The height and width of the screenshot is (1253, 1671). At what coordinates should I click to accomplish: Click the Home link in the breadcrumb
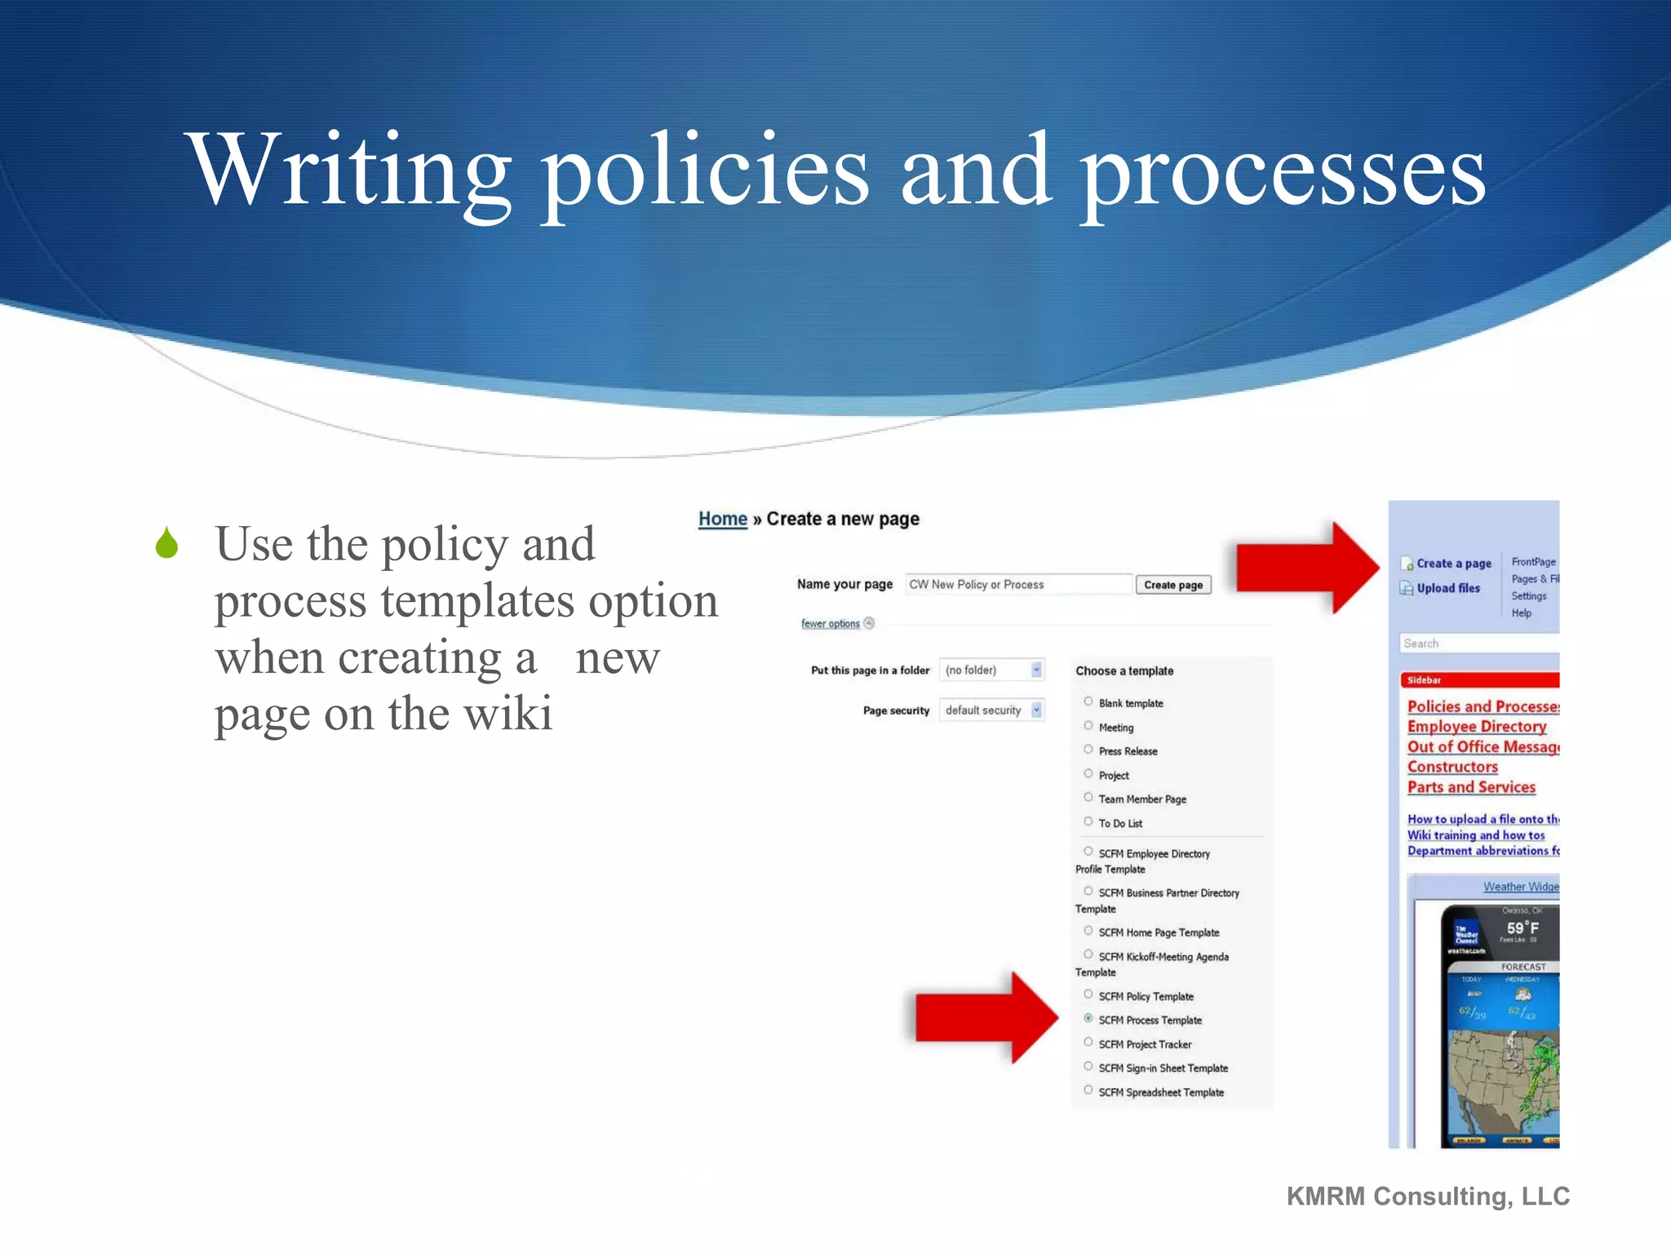pos(722,519)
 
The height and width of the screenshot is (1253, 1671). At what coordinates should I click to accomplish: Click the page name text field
pos(1018,584)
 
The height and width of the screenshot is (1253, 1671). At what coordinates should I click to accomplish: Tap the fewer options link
pos(831,623)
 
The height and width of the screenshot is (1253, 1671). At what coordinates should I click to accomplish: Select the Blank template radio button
pos(1088,702)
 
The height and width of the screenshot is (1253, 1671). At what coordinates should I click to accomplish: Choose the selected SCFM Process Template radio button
pos(1088,1019)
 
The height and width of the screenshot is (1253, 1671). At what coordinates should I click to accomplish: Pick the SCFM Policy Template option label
pos(1146,996)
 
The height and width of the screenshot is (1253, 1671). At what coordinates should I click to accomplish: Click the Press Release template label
pos(1128,751)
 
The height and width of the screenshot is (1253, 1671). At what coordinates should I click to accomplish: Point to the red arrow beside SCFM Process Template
pos(986,1017)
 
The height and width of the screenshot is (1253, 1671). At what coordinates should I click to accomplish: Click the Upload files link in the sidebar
pos(1447,588)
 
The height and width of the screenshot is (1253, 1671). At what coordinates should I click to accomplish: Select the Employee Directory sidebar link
pos(1476,726)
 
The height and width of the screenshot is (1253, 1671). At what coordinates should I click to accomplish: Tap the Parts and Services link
pos(1471,787)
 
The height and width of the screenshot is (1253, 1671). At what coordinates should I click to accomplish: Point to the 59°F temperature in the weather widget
pos(1523,928)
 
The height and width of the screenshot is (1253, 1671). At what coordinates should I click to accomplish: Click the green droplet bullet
pos(167,543)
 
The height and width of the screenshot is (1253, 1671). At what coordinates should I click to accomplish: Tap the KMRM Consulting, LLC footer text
pos(1428,1196)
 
